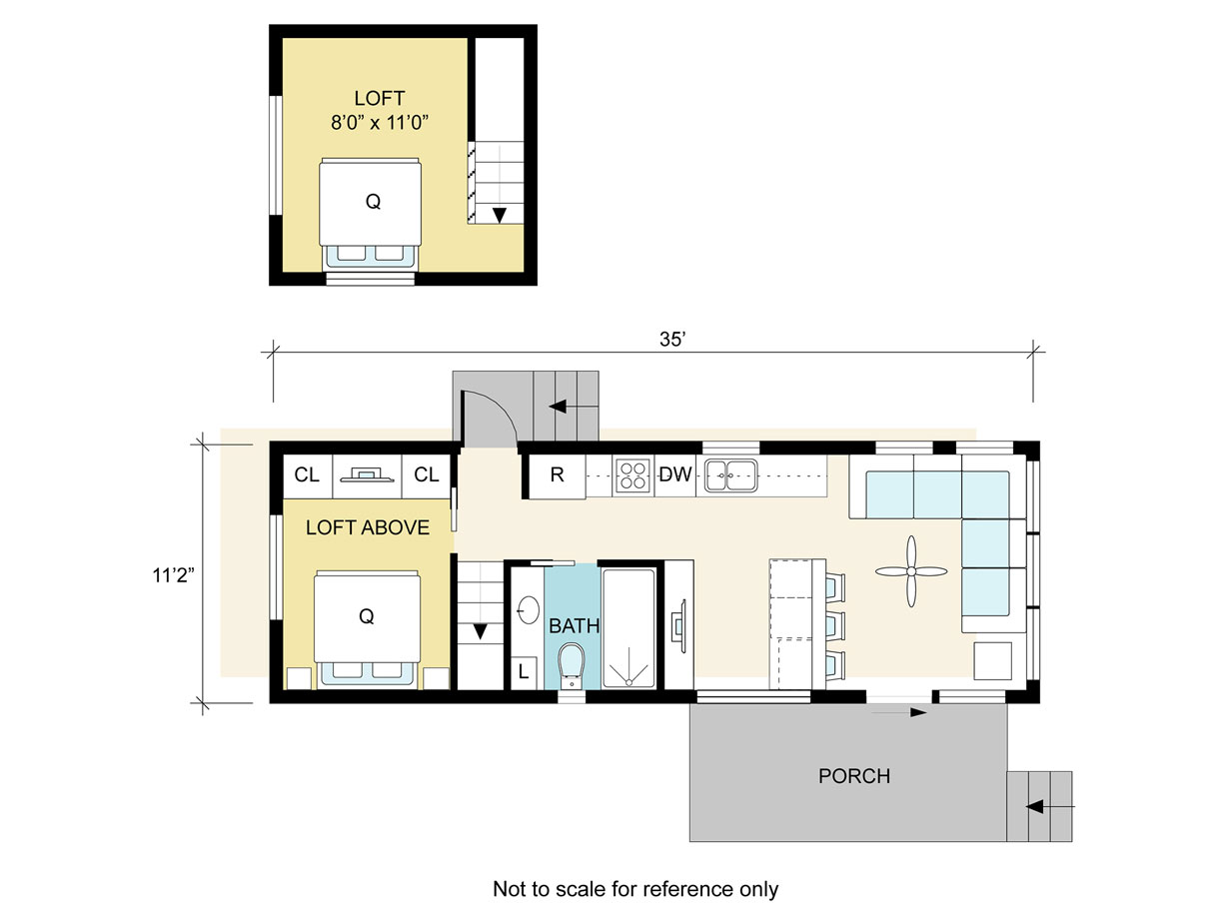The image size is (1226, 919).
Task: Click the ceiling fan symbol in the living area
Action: point(911,571)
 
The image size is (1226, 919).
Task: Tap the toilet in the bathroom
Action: point(572,665)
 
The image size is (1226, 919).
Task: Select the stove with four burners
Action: point(633,475)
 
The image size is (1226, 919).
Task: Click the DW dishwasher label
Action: point(675,474)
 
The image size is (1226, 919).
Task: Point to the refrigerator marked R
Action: point(557,475)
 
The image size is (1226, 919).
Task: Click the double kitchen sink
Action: point(730,475)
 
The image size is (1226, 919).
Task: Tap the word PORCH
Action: point(854,776)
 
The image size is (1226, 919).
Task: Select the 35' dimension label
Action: point(672,339)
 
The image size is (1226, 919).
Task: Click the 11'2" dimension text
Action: point(174,575)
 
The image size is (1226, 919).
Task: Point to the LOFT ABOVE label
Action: point(368,527)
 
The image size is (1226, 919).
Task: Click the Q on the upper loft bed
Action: point(373,201)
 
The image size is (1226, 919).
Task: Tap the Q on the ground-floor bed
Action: point(367,616)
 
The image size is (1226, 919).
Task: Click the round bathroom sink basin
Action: point(528,609)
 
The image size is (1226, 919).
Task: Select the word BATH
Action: point(575,626)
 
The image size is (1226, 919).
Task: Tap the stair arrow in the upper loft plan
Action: point(499,215)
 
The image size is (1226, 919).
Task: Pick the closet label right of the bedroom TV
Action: point(427,474)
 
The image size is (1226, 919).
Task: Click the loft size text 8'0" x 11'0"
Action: point(380,122)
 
